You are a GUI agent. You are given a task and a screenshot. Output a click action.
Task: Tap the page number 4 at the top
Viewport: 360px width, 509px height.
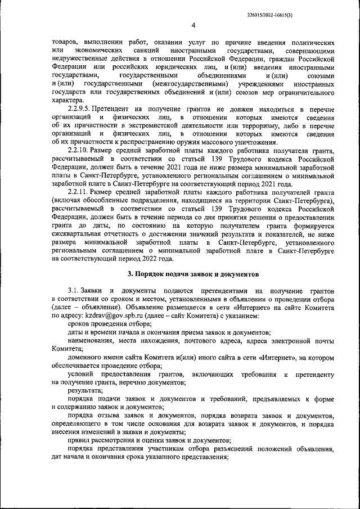(x=193, y=25)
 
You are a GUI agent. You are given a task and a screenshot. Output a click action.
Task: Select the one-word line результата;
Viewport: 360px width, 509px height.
(x=82, y=389)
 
